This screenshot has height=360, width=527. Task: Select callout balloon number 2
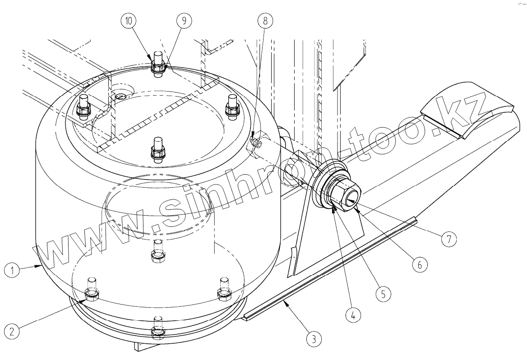pos(13,332)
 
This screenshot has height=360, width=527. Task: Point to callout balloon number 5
pos(383,294)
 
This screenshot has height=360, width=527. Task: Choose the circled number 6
pos(419,265)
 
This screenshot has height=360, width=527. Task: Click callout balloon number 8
pos(265,21)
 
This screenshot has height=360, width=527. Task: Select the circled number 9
pos(184,21)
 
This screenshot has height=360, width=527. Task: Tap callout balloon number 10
pos(129,21)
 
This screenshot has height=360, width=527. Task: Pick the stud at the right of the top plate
pos(232,106)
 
